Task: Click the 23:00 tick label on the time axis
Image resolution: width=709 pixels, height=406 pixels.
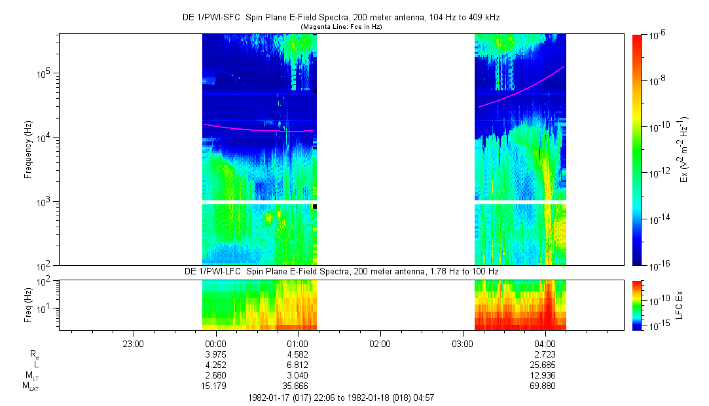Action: pyautogui.click(x=133, y=343)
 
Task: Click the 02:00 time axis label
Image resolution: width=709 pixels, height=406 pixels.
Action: pyautogui.click(x=380, y=343)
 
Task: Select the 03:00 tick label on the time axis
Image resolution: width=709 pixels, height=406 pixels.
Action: pyautogui.click(x=462, y=343)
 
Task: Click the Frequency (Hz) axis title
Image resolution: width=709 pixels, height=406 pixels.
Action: pyautogui.click(x=28, y=149)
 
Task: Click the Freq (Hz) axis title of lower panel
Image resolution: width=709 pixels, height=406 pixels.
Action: pyautogui.click(x=28, y=304)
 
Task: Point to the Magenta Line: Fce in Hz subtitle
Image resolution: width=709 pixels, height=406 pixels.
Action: pyautogui.click(x=340, y=27)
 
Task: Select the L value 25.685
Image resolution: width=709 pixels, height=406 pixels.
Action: pyautogui.click(x=545, y=364)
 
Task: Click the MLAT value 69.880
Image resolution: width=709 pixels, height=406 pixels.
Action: pyautogui.click(x=545, y=385)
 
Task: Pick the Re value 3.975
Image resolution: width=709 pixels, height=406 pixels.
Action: pyautogui.click(x=215, y=354)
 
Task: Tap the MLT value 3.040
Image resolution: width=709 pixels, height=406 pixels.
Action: pyautogui.click(x=298, y=375)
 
